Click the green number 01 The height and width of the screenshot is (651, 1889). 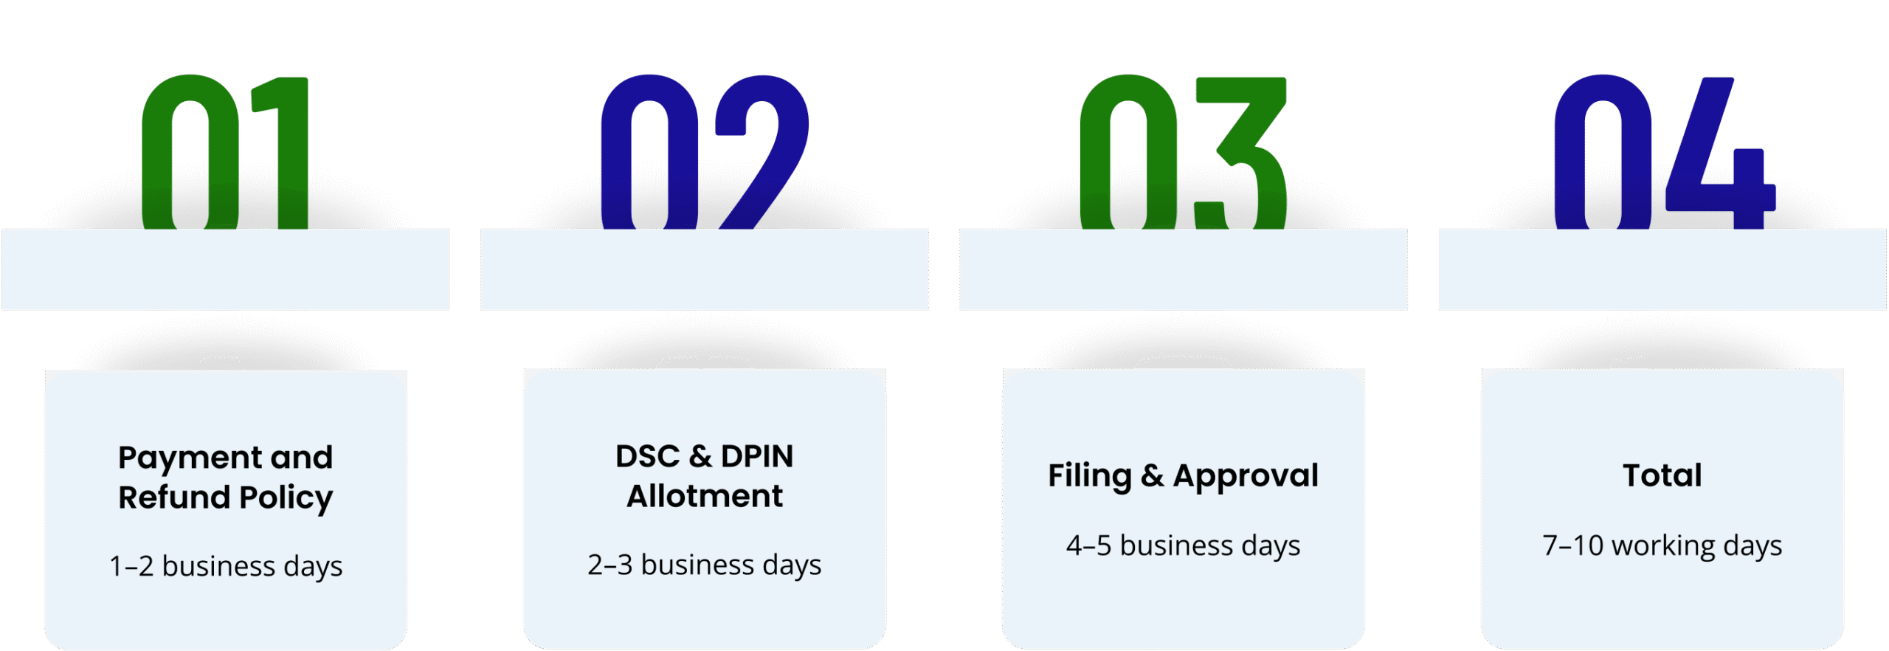[225, 153]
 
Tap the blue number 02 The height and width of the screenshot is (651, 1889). [705, 153]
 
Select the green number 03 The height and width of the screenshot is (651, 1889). [1184, 153]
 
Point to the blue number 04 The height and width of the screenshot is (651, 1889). [1664, 153]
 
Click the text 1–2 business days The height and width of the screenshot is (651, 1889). [226, 566]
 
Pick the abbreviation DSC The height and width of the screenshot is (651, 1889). [647, 457]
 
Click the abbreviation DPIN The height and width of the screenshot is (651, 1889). [757, 457]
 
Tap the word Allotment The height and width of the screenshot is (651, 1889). [705, 496]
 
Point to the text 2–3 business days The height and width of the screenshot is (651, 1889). [705, 565]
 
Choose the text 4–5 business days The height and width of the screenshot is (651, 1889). [1184, 545]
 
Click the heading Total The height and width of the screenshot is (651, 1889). [1662, 475]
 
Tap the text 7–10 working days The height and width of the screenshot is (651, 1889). [1662, 545]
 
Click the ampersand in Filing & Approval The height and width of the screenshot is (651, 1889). [1153, 476]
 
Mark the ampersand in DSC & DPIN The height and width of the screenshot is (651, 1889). [700, 457]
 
